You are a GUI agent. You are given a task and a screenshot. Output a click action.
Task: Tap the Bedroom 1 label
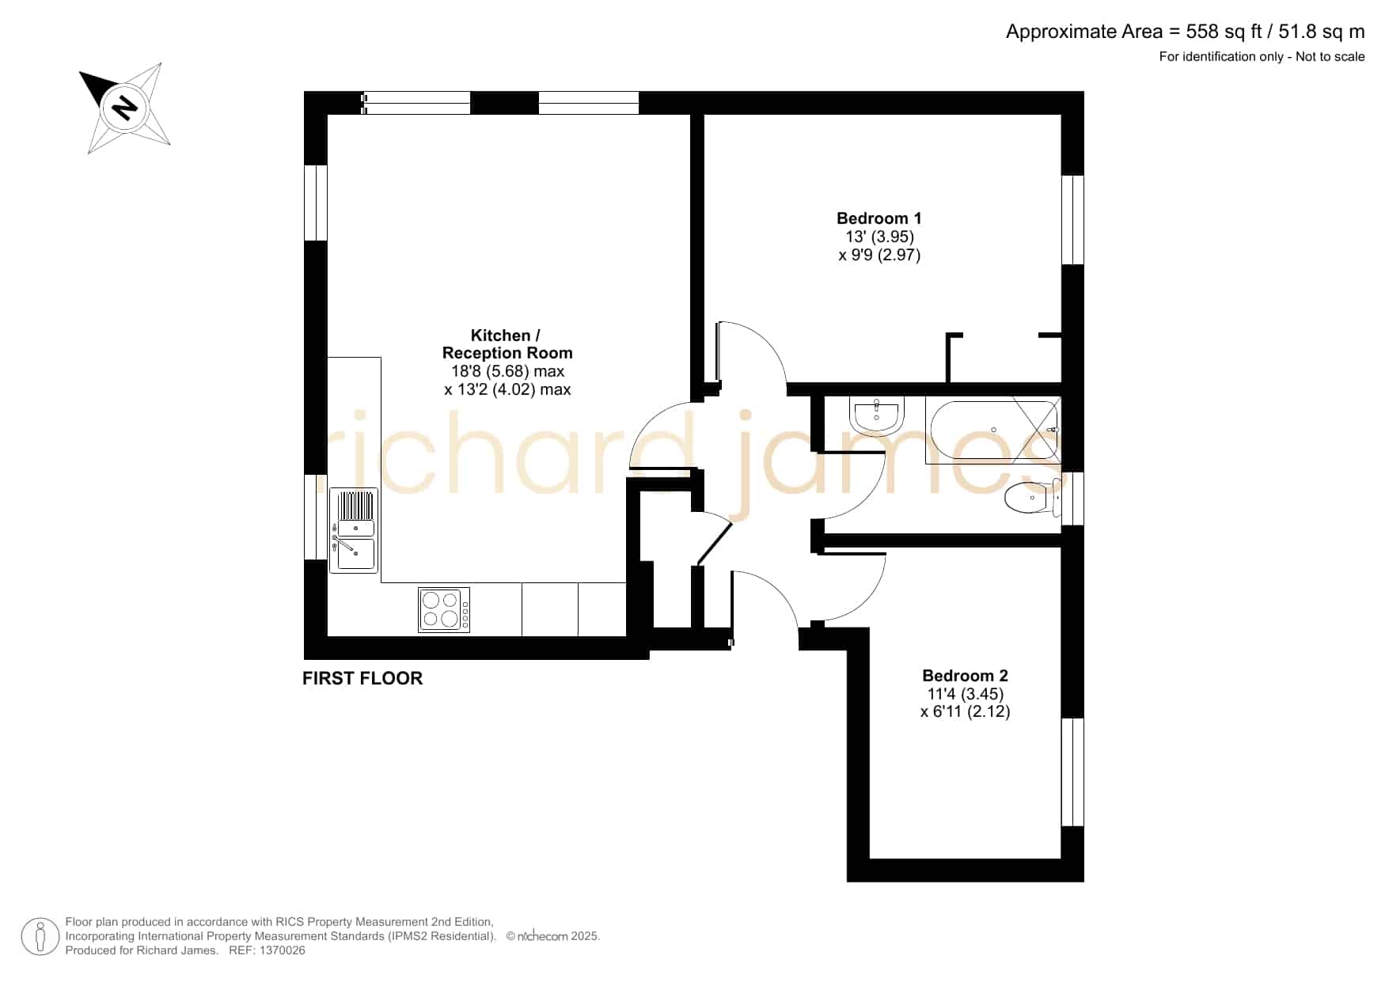pyautogui.click(x=879, y=218)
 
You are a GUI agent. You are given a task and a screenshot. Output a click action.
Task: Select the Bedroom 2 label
pyautogui.click(x=965, y=676)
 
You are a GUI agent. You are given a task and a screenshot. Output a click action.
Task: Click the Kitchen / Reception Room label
pyautogui.click(x=507, y=344)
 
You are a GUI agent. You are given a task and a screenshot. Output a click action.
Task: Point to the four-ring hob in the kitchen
pyautogui.click(x=444, y=609)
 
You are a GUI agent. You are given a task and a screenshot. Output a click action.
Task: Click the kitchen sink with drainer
pyautogui.click(x=354, y=530)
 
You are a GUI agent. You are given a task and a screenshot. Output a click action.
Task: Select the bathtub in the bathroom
pyautogui.click(x=994, y=430)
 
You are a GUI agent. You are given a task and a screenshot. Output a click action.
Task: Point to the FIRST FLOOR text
pyautogui.click(x=362, y=678)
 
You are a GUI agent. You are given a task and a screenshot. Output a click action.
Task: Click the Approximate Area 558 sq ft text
pyautogui.click(x=1185, y=32)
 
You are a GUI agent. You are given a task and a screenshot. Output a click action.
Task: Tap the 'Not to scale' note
pyautogui.click(x=1330, y=56)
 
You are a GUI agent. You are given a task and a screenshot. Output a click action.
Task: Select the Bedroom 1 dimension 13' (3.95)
pyautogui.click(x=879, y=237)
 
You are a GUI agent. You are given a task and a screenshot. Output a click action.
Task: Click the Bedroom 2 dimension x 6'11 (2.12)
pyautogui.click(x=965, y=711)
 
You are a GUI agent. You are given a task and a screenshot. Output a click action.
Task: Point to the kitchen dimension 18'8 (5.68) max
pyautogui.click(x=507, y=371)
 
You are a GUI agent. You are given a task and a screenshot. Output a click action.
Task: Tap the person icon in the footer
pyautogui.click(x=40, y=937)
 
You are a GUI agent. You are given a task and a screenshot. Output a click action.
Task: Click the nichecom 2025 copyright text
pyautogui.click(x=553, y=936)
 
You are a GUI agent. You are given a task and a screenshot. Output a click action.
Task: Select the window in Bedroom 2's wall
pyautogui.click(x=1072, y=772)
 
